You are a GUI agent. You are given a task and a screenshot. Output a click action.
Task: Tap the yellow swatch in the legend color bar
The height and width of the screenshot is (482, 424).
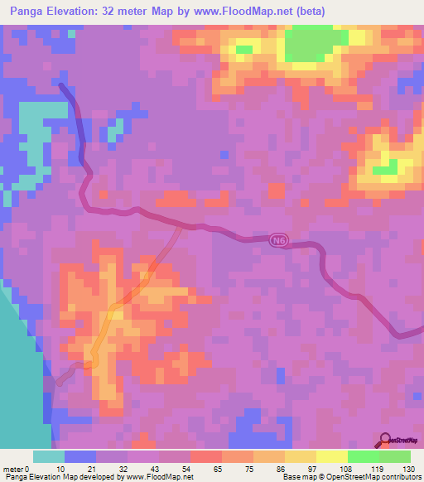[332, 456]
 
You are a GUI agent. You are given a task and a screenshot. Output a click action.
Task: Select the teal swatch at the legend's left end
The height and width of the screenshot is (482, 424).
[49, 456]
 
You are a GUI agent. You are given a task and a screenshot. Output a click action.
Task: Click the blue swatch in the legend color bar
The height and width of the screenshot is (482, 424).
[80, 456]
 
